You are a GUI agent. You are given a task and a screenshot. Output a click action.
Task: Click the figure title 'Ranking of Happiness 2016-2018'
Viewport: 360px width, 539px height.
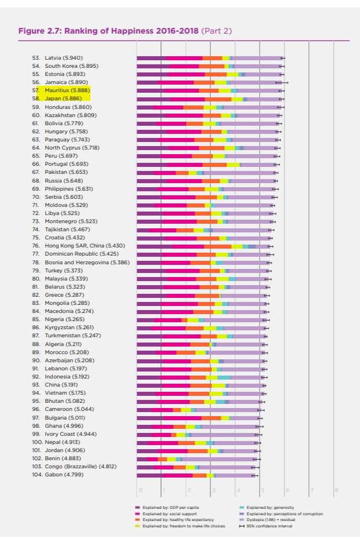(x=132, y=31)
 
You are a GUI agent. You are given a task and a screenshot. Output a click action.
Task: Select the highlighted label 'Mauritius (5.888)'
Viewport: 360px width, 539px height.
(x=67, y=90)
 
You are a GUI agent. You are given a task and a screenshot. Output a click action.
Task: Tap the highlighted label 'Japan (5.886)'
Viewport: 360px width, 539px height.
(x=63, y=99)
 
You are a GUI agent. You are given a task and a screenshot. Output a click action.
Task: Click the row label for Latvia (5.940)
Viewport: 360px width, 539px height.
(x=64, y=58)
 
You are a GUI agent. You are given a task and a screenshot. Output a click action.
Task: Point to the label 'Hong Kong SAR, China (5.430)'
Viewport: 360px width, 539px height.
(x=85, y=246)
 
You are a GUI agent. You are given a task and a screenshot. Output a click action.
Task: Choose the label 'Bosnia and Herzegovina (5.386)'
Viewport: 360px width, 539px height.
(x=88, y=263)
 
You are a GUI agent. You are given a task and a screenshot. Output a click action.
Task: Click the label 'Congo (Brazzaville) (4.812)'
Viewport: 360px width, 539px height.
(x=81, y=467)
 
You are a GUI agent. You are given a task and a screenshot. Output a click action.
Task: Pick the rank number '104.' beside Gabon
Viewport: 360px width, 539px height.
(x=37, y=475)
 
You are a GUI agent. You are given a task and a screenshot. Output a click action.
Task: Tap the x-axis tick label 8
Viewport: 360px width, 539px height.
(x=337, y=490)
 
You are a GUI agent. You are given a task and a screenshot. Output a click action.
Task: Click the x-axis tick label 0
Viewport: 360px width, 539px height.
(x=140, y=490)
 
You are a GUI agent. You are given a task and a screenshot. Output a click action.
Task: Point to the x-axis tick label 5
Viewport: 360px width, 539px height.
(x=263, y=490)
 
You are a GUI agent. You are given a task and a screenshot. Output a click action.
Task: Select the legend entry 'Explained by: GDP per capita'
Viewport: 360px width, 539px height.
(x=167, y=507)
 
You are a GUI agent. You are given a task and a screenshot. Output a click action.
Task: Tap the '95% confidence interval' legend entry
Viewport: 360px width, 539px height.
(x=266, y=526)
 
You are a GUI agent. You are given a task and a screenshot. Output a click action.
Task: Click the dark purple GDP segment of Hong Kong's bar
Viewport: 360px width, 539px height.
(x=155, y=246)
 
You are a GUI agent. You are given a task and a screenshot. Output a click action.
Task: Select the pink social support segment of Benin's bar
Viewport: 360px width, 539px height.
(x=152, y=459)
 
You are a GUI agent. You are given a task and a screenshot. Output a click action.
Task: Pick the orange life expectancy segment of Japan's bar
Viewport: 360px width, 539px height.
(x=219, y=99)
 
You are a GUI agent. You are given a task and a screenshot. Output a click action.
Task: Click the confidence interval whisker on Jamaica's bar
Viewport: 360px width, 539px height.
(x=282, y=82)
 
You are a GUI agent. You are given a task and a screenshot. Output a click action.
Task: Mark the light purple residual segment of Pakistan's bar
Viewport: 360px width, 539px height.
(x=240, y=173)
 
